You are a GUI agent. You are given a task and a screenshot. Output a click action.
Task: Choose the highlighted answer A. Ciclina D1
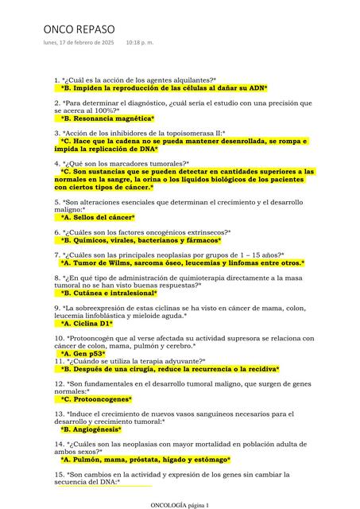tap(87, 324)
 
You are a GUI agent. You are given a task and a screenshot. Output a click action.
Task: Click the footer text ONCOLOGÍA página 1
tap(180, 505)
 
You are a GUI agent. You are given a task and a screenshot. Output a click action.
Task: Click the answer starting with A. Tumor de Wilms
tap(182, 262)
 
